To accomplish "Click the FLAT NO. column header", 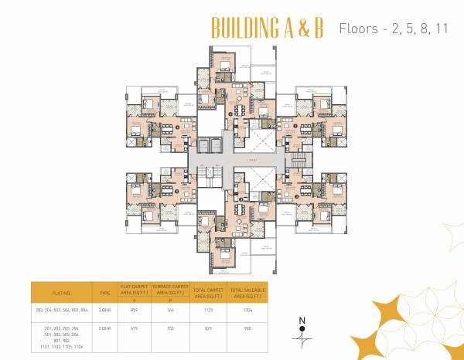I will coord(61,294).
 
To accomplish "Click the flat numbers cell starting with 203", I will coord(61,309).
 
